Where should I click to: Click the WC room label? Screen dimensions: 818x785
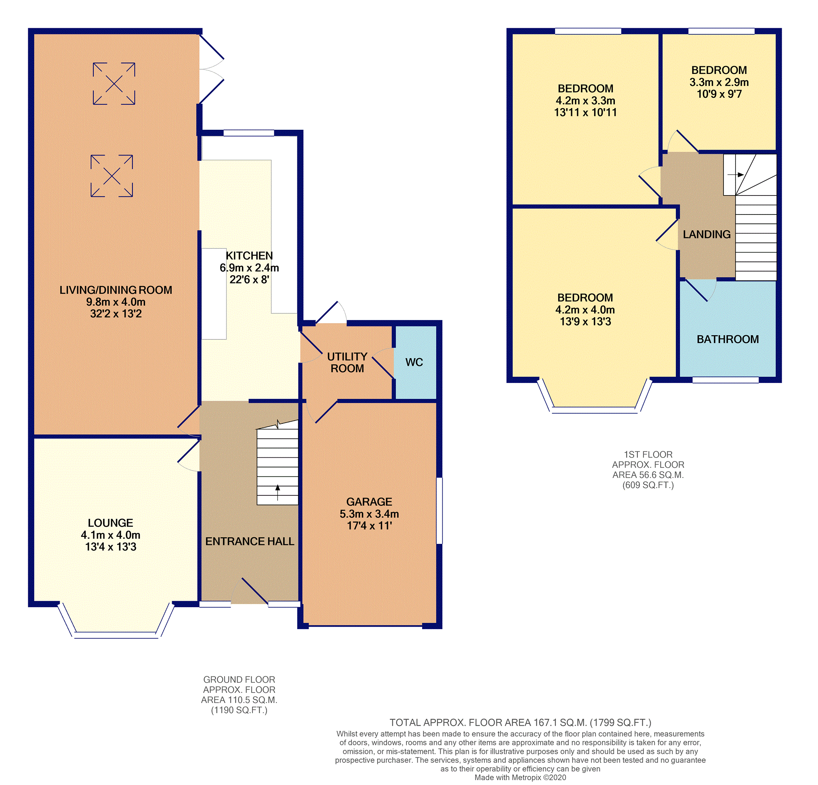coord(414,362)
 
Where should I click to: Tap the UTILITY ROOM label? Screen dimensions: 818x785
coord(347,363)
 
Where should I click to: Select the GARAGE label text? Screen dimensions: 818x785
coord(369,502)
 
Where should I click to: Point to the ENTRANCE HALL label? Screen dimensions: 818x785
coord(250,541)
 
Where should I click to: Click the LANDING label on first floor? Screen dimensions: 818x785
coord(707,235)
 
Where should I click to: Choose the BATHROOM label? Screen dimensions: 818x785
coord(728,339)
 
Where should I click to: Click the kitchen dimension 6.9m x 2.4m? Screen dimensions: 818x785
coord(249,268)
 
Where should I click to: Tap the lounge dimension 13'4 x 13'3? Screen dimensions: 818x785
coord(111,547)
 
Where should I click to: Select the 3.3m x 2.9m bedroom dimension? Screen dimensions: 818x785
coord(719,82)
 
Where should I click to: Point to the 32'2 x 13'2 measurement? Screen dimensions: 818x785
coord(116,314)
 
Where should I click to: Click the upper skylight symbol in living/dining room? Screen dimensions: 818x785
coord(114,84)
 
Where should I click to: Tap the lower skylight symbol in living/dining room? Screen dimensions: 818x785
coord(112,176)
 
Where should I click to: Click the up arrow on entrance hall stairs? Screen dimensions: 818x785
coord(278,492)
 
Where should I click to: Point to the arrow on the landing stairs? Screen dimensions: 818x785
coord(736,175)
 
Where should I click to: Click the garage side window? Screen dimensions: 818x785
coord(439,510)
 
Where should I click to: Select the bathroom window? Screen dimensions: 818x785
coord(726,380)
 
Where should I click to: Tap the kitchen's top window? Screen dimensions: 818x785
coord(249,133)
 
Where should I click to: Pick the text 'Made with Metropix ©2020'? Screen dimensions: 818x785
coord(520,777)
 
